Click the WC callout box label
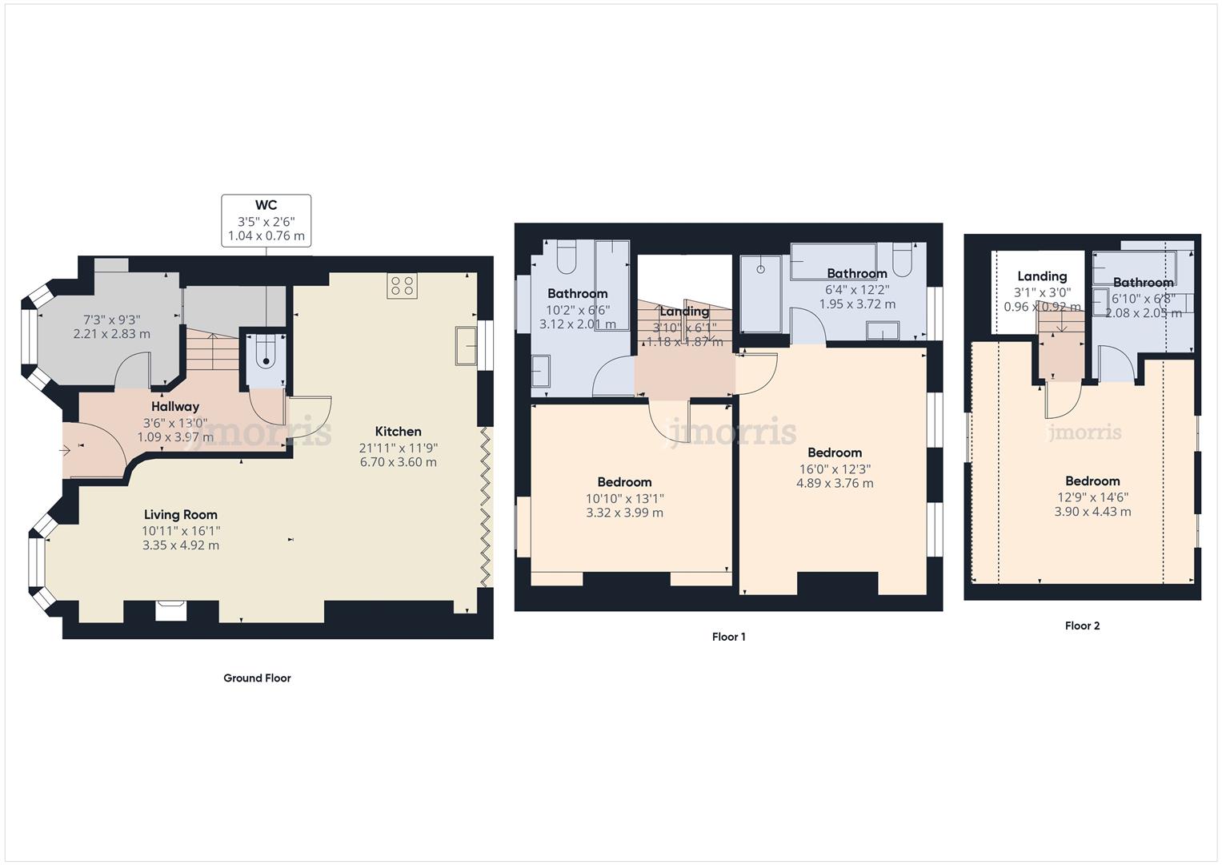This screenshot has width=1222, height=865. pyautogui.click(x=266, y=206)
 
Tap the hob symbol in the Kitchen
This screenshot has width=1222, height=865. pyautogui.click(x=402, y=286)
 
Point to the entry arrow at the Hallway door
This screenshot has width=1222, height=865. pyautogui.click(x=66, y=450)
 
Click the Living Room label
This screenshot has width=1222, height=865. pyautogui.click(x=180, y=515)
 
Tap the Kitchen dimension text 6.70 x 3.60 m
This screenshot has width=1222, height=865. pyautogui.click(x=398, y=462)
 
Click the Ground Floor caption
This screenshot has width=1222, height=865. pyautogui.click(x=257, y=678)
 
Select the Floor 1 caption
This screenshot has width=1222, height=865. pyautogui.click(x=728, y=638)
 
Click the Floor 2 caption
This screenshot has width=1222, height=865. pyautogui.click(x=1082, y=626)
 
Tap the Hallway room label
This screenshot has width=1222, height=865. pyautogui.click(x=174, y=407)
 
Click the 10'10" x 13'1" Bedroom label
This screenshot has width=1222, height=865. pyautogui.click(x=624, y=482)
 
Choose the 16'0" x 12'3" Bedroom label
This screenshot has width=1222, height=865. pyautogui.click(x=834, y=453)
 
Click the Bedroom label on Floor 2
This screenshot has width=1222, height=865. pyautogui.click(x=1092, y=481)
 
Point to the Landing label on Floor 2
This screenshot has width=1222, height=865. pyautogui.click(x=1041, y=276)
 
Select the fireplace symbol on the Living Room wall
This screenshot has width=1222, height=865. pyautogui.click(x=171, y=610)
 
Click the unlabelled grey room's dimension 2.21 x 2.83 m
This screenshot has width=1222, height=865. pyautogui.click(x=111, y=334)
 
